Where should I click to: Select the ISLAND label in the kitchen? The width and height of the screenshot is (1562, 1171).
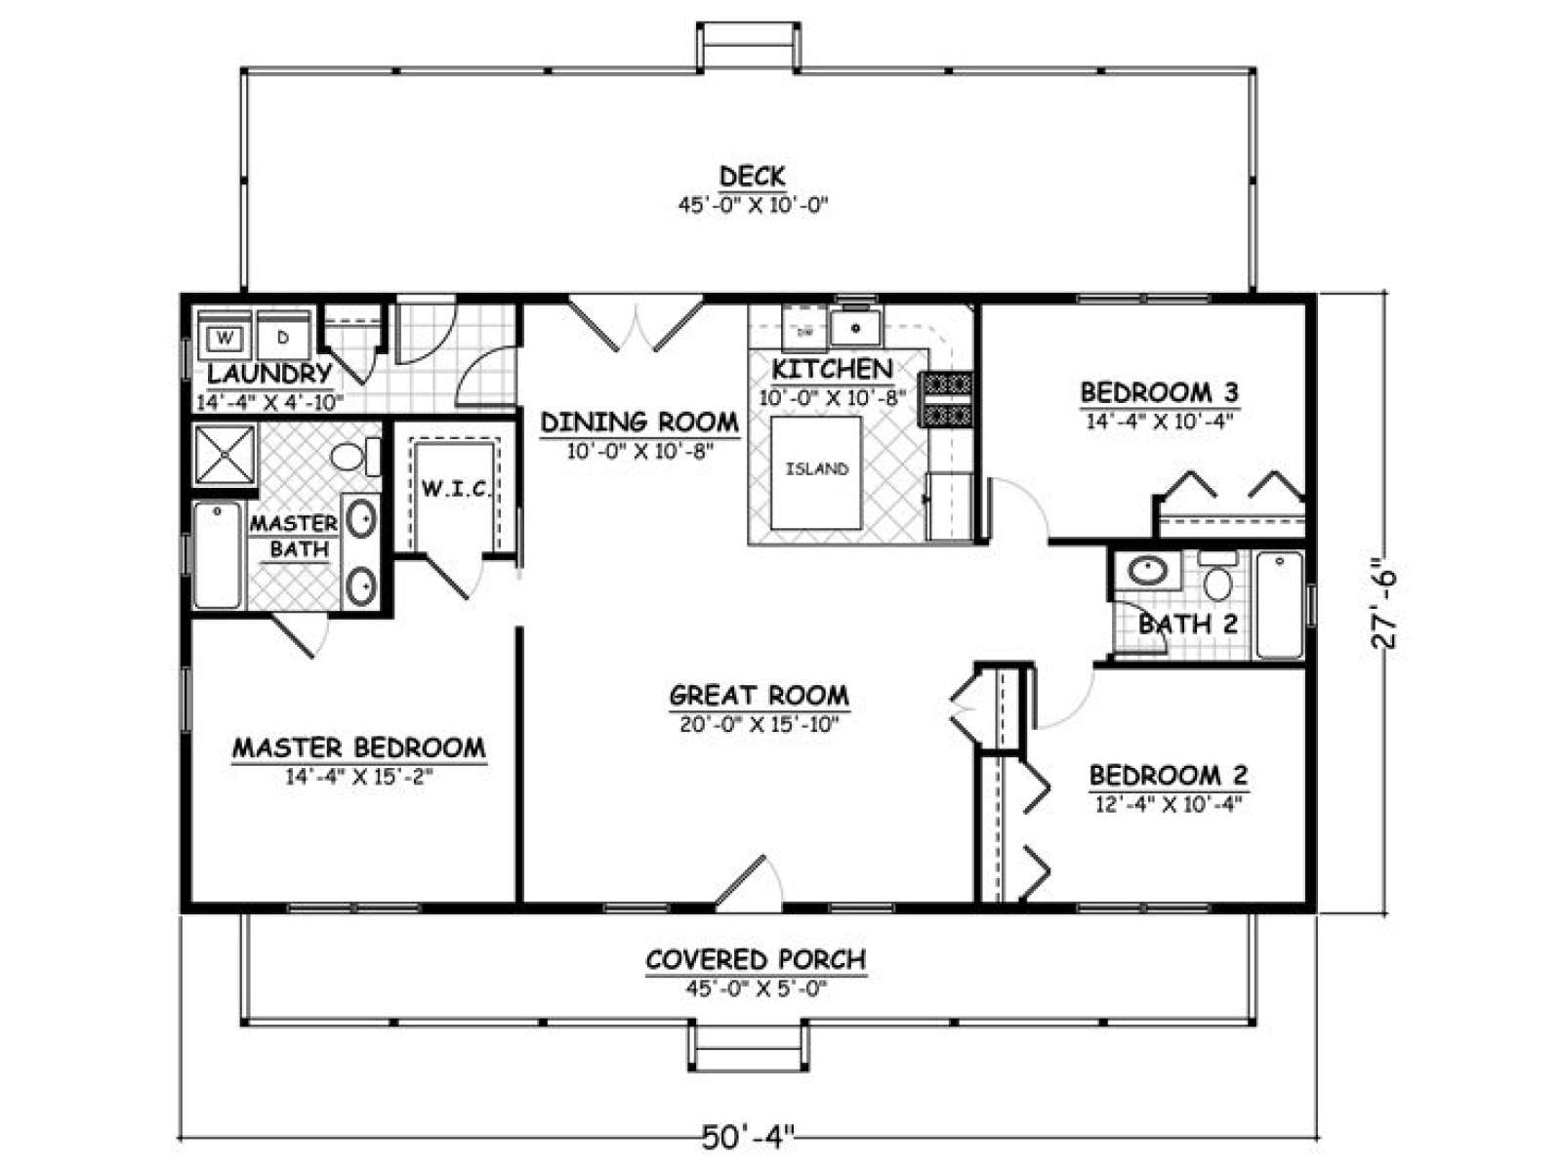pyautogui.click(x=816, y=469)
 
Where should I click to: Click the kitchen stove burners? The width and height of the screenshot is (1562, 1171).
pyautogui.click(x=946, y=399)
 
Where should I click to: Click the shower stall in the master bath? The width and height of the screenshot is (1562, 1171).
pyautogui.click(x=225, y=456)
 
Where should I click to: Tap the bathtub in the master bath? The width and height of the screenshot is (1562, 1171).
pyautogui.click(x=217, y=554)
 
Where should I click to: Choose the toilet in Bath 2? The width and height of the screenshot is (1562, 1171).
pyautogui.click(x=1218, y=576)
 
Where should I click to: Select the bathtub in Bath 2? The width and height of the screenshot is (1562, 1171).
pyautogui.click(x=1280, y=604)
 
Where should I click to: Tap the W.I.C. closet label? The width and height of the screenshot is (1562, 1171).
pyautogui.click(x=456, y=489)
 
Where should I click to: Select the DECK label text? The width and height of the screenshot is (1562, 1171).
pyautogui.click(x=753, y=176)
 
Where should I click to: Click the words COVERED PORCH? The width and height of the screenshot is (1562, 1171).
pyautogui.click(x=756, y=959)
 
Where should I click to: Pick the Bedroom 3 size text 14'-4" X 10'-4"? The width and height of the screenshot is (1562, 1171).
pyautogui.click(x=1159, y=422)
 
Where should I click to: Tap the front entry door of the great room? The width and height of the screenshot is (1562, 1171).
pyautogui.click(x=749, y=883)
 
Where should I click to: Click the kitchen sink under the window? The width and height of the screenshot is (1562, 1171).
pyautogui.click(x=855, y=328)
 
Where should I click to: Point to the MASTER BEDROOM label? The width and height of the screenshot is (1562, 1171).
pyautogui.click(x=359, y=747)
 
